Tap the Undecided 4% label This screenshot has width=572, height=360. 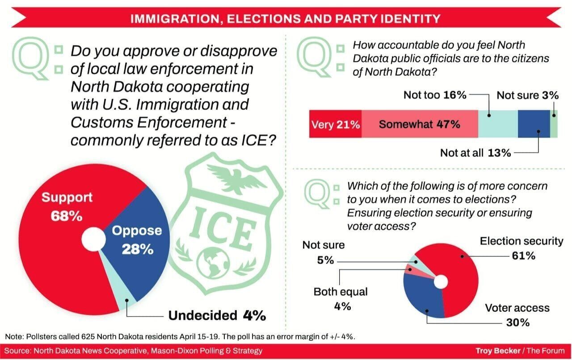tap(217, 316)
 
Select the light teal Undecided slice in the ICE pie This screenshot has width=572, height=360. tap(118, 284)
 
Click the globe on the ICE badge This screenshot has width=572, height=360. tap(214, 263)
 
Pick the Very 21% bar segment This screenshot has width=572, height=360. tap(335, 124)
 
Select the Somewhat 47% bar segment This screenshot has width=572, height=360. tap(420, 124)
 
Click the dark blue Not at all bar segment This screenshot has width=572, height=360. tap(534, 124)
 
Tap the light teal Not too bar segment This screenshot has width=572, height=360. tap(498, 124)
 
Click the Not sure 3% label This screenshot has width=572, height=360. tap(528, 95)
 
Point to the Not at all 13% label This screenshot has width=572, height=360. tap(475, 153)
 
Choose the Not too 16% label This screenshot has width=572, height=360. tap(435, 95)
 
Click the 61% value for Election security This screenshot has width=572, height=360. tap(523, 255)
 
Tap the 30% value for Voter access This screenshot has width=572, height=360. tap(518, 322)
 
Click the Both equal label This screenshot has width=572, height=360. tap(341, 292)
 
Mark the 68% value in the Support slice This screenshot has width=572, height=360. tap(67, 216)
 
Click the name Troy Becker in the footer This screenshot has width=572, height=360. tap(498, 351)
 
